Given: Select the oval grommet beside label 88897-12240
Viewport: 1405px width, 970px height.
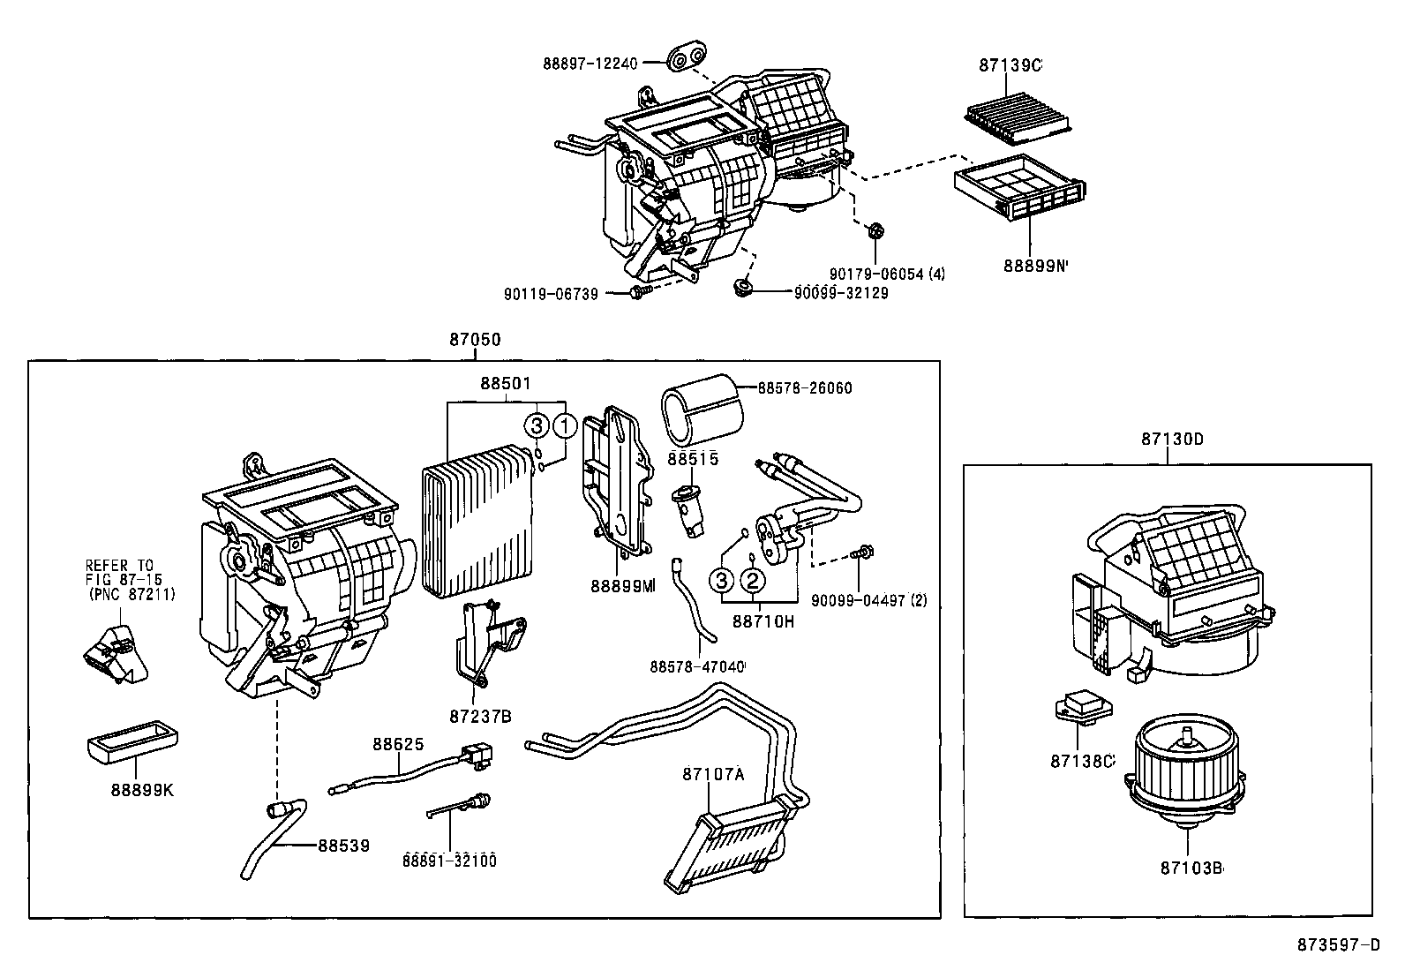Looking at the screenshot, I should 686,59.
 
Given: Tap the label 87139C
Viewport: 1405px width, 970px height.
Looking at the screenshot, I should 1010,65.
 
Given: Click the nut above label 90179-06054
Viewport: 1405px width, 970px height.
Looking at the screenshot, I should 875,232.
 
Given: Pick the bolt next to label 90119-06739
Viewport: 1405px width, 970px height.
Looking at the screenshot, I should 640,292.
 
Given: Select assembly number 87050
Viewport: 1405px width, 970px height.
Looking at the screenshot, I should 475,341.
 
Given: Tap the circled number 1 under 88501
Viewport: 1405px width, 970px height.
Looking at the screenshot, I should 565,426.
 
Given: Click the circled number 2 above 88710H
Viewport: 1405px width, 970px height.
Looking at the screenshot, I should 752,580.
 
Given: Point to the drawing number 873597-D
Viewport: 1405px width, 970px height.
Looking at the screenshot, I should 1337,945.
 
